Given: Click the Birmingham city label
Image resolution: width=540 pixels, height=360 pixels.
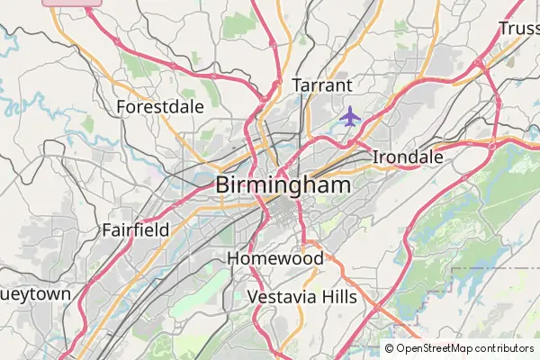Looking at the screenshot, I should pyautogui.click(x=283, y=185).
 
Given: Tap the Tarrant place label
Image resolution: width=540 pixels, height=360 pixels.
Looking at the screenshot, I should pyautogui.click(x=320, y=85).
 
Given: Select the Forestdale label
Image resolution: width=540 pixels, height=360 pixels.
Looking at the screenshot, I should pyautogui.click(x=160, y=107).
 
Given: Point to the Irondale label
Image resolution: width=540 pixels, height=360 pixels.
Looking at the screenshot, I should pyautogui.click(x=408, y=157).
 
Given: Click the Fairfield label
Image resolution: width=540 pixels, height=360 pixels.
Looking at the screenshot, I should pyautogui.click(x=136, y=229).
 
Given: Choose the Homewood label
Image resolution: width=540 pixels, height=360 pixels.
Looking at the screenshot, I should pyautogui.click(x=275, y=258).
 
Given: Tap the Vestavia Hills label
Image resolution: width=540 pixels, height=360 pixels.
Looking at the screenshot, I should pyautogui.click(x=301, y=297).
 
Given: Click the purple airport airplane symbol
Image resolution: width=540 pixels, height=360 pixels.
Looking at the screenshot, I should pyautogui.click(x=350, y=116).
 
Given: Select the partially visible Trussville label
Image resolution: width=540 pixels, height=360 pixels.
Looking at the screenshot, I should pyautogui.click(x=519, y=29).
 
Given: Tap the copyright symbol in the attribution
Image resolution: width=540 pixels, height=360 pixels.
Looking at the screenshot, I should pyautogui.click(x=390, y=348).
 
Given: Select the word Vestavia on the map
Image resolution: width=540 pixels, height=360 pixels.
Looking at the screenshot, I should pyautogui.click(x=278, y=297).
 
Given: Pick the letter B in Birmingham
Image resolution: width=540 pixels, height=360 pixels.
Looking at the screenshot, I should pyautogui.click(x=225, y=185).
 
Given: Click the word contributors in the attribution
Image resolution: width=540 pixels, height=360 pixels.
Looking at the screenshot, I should pyautogui.click(x=502, y=348).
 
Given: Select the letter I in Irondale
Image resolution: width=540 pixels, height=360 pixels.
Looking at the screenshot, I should pyautogui.click(x=375, y=157).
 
